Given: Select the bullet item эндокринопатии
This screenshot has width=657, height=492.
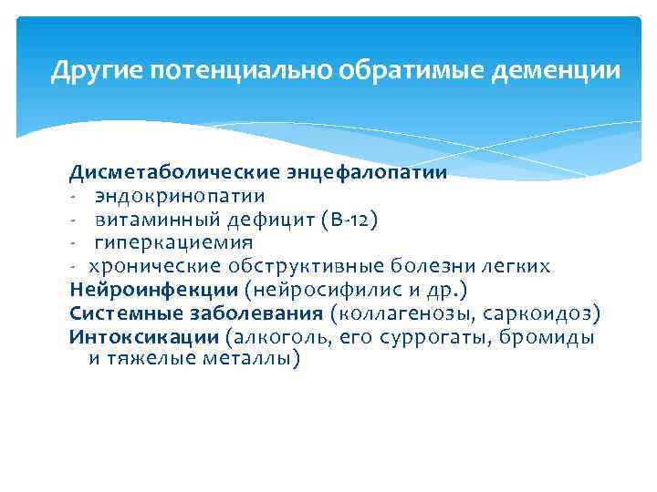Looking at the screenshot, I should [x=180, y=196].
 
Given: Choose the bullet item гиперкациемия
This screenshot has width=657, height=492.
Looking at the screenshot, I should [x=173, y=243].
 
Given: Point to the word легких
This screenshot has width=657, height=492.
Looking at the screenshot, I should [x=516, y=267].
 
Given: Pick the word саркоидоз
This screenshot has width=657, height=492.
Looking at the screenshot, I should [x=550, y=313].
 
